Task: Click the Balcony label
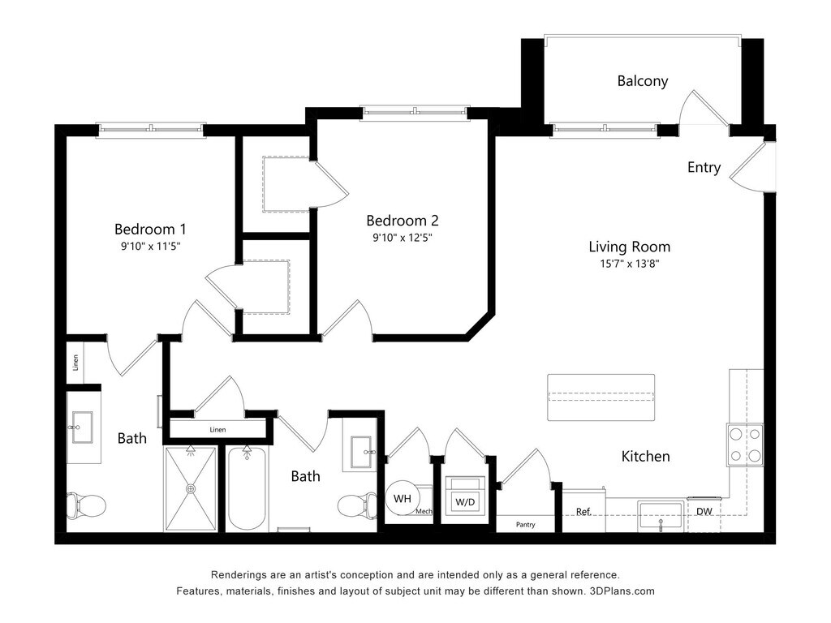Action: pos(643,81)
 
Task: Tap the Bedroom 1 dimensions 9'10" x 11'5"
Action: pos(150,246)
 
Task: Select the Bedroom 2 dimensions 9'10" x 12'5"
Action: pos(403,238)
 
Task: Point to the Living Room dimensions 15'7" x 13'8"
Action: pos(629,264)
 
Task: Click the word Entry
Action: pos(704,167)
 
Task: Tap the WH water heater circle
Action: pos(403,499)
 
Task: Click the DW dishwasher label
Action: pos(704,511)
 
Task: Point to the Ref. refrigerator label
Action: pos(583,512)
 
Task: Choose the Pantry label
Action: pos(525,525)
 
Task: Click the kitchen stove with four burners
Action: pos(745,445)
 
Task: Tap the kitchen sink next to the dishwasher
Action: pos(661,516)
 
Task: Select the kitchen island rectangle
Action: pos(601,397)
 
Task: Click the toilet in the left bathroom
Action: pos(86,505)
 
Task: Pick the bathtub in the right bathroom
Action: pos(247,488)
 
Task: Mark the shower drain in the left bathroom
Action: pos(191,488)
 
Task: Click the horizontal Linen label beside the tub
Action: pos(217,430)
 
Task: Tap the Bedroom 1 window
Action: pos(151,130)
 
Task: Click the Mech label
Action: pos(424,511)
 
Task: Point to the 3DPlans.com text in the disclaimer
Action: pos(622,591)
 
